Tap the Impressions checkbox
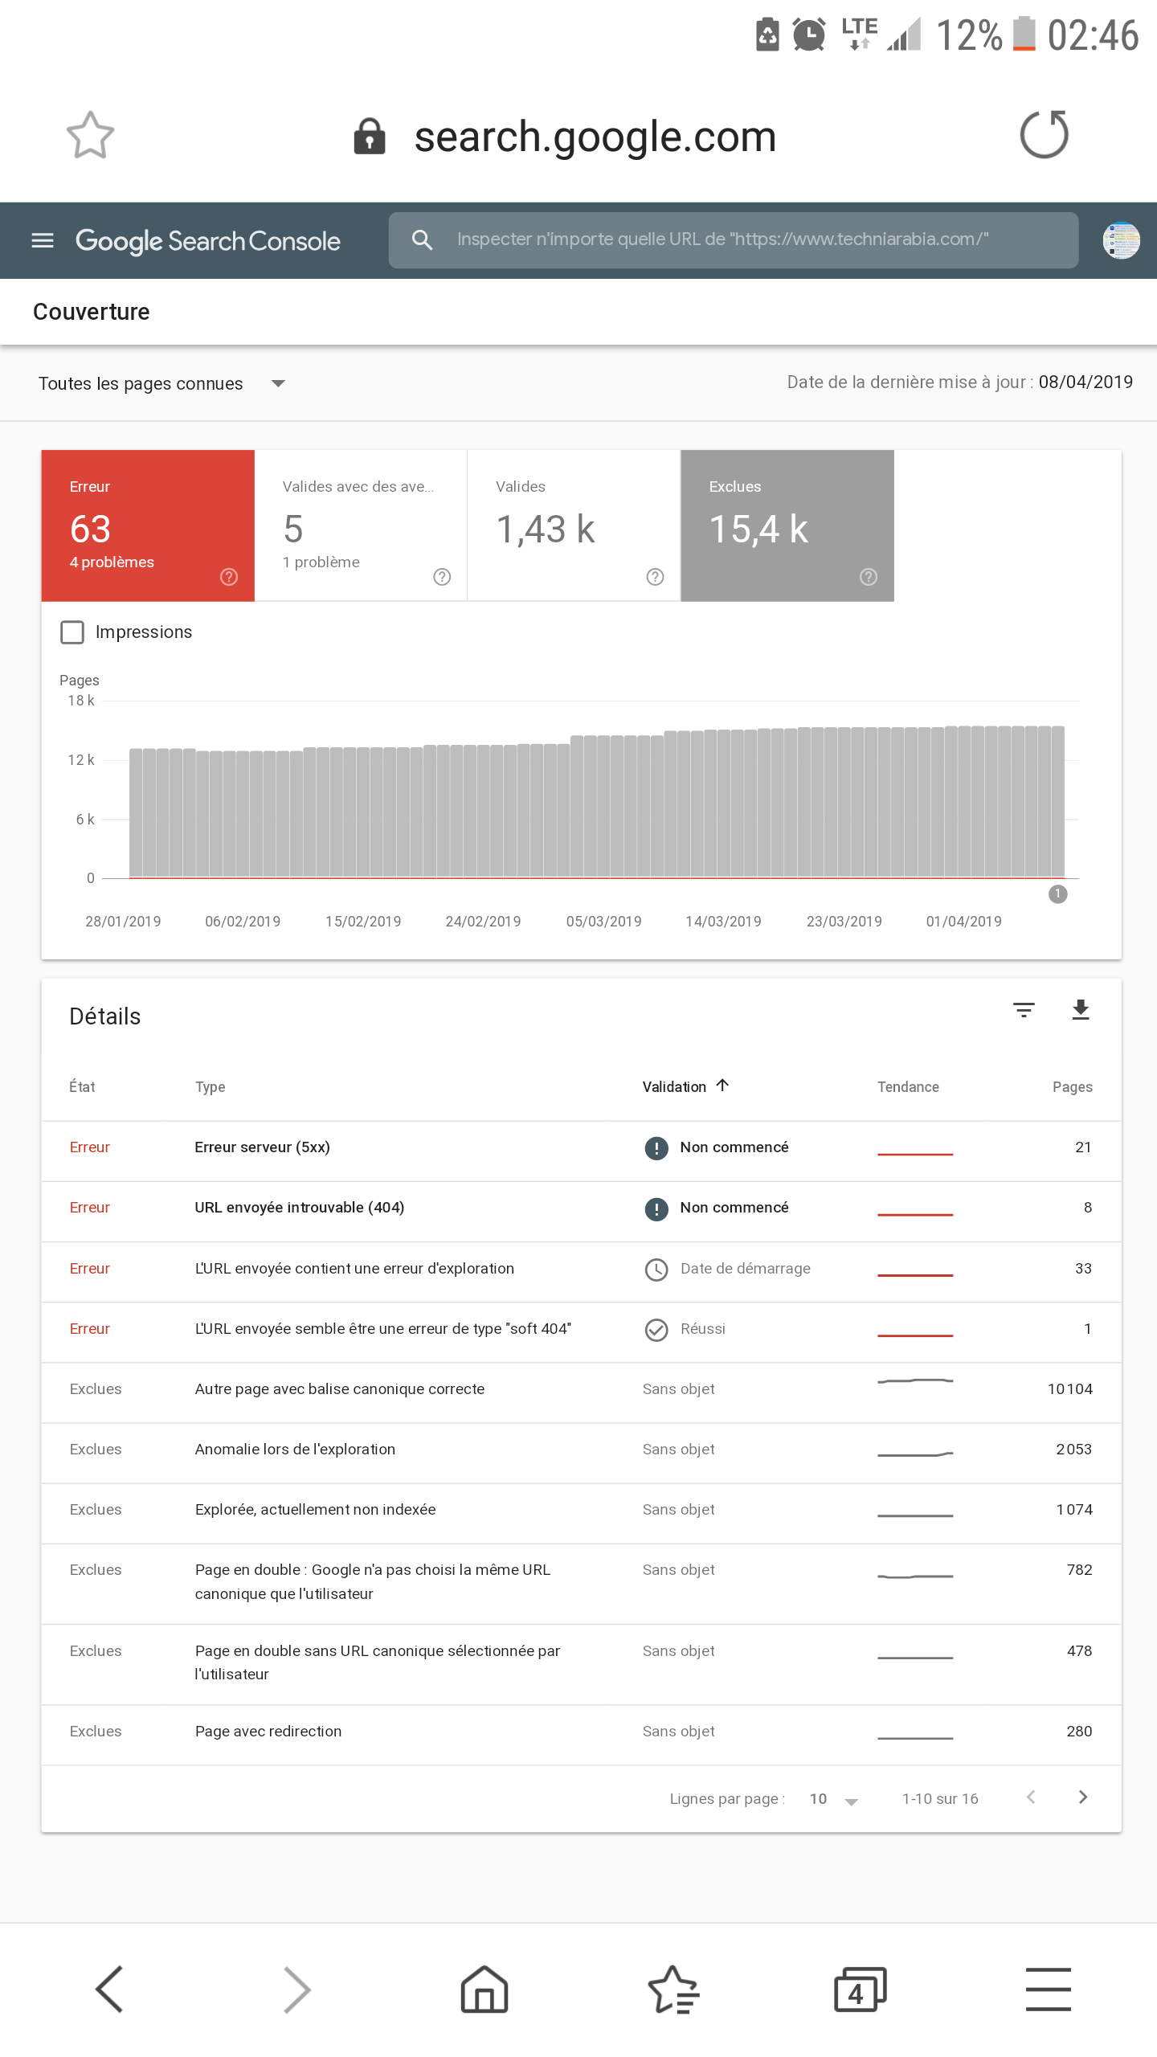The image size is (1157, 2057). (x=72, y=632)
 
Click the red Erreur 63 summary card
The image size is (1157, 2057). (x=148, y=525)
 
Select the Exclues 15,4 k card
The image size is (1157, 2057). (x=787, y=525)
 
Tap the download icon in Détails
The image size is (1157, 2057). (x=1081, y=1010)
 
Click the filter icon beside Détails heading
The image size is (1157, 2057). (x=1024, y=1010)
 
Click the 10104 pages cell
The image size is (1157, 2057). (x=1069, y=1389)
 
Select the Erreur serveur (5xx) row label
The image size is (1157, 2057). (x=262, y=1147)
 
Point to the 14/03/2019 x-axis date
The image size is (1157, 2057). (x=723, y=922)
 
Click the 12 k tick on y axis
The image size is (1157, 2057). (x=81, y=760)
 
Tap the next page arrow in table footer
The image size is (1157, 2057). (x=1083, y=1797)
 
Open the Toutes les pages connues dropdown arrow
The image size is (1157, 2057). (x=278, y=384)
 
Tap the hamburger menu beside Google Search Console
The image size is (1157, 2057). (x=43, y=240)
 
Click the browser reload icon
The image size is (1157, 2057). (x=1044, y=134)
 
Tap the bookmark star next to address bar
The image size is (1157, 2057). (x=90, y=135)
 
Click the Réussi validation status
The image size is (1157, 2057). (x=702, y=1329)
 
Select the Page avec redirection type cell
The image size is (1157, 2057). (x=268, y=1732)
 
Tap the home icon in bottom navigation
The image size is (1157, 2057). (x=484, y=1990)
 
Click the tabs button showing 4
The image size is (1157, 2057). (x=860, y=1990)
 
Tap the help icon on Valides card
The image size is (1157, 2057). (x=655, y=577)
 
